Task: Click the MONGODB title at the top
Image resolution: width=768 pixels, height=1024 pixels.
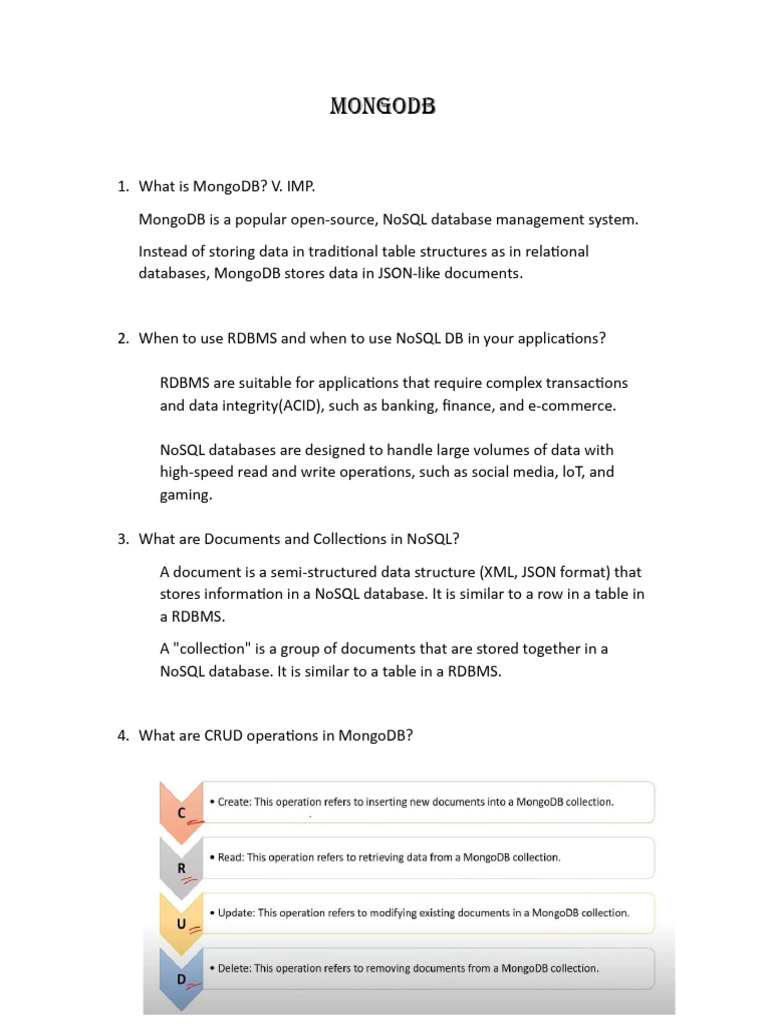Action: coord(383,106)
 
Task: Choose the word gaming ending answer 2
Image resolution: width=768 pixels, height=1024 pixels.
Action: coord(185,494)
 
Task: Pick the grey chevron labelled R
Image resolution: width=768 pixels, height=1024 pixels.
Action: coord(181,865)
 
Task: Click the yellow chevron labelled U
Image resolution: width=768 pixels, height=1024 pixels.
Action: coord(181,921)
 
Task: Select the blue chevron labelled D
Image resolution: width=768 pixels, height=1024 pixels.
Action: coord(181,976)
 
